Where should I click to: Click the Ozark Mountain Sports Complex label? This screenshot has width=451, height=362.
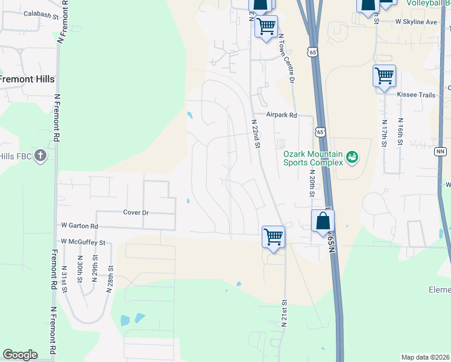pos(314,158)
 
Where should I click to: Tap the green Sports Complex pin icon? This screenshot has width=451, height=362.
pos(352,159)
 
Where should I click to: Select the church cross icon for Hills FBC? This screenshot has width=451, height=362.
pos(40,156)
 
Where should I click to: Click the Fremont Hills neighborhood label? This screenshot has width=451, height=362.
pos(27,80)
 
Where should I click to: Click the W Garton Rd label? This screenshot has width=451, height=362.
pos(79,226)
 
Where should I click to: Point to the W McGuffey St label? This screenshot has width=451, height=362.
pos(83,242)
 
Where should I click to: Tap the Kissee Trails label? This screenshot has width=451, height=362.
pos(415,95)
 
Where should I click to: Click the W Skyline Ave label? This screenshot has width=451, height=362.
pos(416,22)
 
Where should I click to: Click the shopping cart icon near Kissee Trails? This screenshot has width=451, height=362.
pos(384,76)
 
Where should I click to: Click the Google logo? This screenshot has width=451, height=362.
pos(20,355)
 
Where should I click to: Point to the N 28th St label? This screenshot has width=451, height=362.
pos(110,278)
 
